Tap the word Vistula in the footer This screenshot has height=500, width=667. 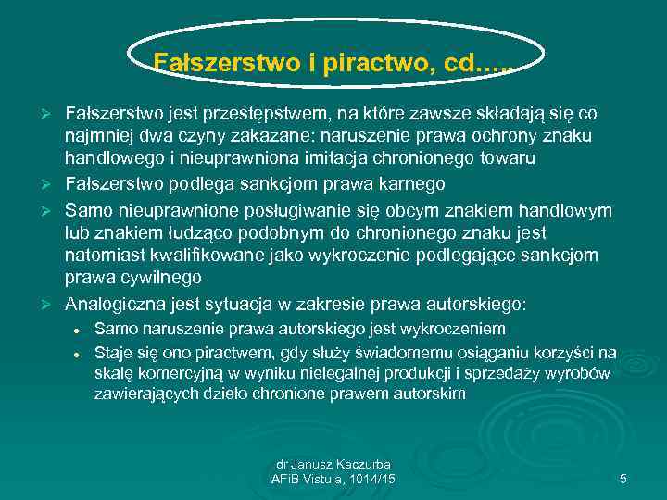333,479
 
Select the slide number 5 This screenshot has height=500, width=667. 623,479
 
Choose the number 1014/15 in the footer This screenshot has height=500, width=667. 376,479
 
